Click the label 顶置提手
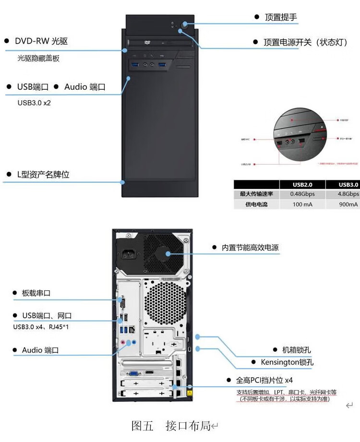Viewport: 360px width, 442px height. tap(281, 17)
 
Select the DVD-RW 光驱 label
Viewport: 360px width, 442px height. tap(41, 41)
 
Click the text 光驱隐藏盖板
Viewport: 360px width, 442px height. tap(38, 59)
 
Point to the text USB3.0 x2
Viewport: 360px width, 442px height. tap(34, 103)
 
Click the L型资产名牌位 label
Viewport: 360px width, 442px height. tap(43, 175)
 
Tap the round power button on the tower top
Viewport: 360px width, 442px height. tap(185, 25)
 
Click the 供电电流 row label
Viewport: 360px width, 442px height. tap(256, 204)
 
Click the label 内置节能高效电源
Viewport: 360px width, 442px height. tap(250, 248)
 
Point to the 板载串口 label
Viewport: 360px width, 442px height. tap(36, 293)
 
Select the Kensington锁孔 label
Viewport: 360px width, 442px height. tap(287, 362)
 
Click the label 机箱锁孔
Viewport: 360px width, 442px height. tap(296, 350)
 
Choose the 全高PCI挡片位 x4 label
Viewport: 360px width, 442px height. tap(264, 381)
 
